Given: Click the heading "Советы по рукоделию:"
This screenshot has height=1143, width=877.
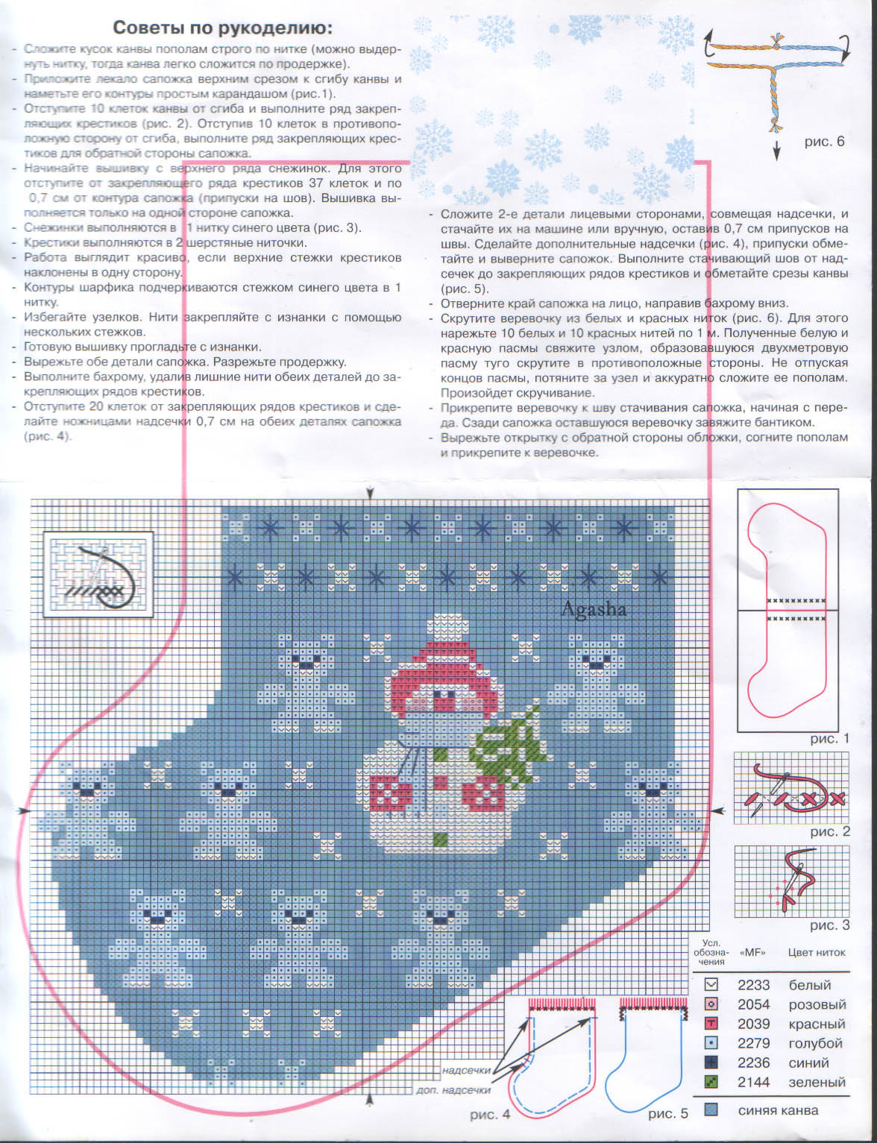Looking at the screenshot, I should click(x=223, y=28).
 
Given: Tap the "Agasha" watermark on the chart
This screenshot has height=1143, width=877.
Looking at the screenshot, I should click(x=594, y=610).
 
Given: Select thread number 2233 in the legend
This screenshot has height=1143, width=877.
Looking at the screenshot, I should click(x=753, y=985).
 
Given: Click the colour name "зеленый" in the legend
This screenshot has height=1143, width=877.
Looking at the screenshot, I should click(x=817, y=1082).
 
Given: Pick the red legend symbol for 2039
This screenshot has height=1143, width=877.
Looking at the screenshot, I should click(x=711, y=1024).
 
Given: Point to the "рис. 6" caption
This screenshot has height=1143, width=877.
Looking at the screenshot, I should click(x=824, y=141).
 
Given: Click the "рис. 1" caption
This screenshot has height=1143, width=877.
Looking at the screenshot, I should click(x=829, y=739).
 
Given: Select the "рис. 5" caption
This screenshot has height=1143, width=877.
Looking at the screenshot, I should click(x=667, y=1114).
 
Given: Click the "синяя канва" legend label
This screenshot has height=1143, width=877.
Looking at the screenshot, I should click(x=778, y=1110).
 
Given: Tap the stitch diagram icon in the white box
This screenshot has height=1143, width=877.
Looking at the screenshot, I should click(x=98, y=573).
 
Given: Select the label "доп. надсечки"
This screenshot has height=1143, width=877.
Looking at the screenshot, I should click(x=453, y=1090).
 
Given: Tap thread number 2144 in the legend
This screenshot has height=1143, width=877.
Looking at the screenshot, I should click(x=753, y=1082).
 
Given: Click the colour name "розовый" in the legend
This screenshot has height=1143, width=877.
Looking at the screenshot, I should click(x=817, y=1004).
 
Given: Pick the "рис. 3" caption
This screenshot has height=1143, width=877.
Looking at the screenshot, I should click(x=829, y=925).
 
